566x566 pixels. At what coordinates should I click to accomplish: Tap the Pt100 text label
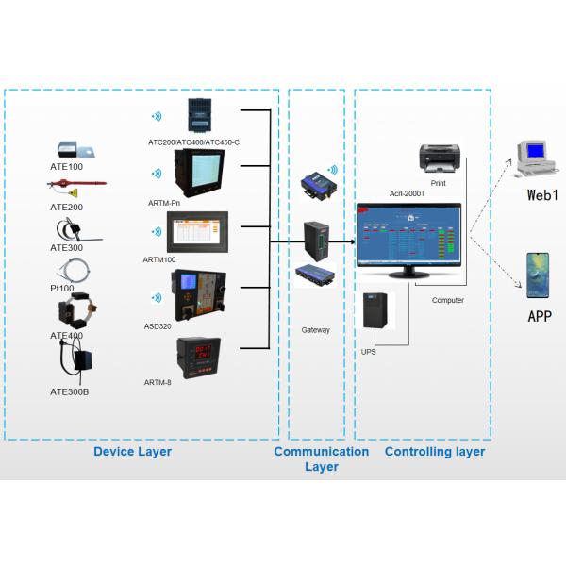63,287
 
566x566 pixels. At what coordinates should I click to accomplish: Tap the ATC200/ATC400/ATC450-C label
193,142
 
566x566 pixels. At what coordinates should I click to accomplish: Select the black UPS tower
375,310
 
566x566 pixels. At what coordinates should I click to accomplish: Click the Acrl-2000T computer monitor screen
408,237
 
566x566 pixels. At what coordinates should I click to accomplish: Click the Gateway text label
315,329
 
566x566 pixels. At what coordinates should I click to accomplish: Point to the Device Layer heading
132,452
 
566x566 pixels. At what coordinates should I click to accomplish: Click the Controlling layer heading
435,452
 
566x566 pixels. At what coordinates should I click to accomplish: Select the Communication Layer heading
321,458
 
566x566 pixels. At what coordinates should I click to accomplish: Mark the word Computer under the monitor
447,300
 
